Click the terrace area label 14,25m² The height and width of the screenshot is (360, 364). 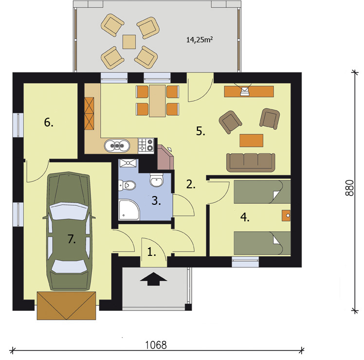point(200,40)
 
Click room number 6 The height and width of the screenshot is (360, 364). point(49,122)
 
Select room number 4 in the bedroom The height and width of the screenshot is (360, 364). point(244,217)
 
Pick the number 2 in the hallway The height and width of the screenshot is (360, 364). point(191,184)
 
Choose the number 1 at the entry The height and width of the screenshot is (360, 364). point(152,252)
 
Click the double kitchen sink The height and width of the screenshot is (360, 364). point(117,144)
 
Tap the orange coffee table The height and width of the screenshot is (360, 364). point(251,140)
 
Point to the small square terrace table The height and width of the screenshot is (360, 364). point(129,42)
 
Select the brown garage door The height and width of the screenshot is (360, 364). point(67,305)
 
